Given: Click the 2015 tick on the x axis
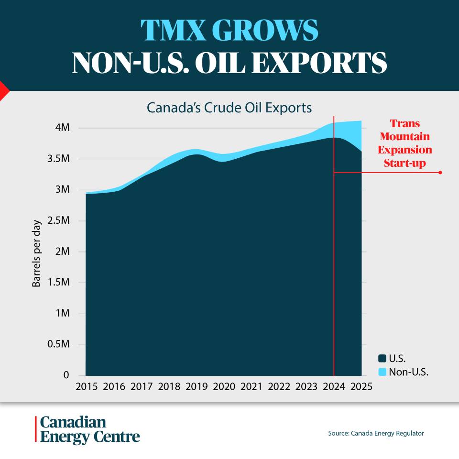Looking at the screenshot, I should click(x=86, y=387).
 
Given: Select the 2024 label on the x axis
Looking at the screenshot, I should click(x=334, y=387).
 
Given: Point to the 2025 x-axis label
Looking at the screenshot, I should click(x=361, y=387).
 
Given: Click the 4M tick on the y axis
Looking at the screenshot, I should click(x=63, y=128).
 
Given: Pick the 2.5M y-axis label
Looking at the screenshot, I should click(x=58, y=221).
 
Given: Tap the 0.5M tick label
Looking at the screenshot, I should click(x=58, y=345).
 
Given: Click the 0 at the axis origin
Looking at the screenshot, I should click(x=67, y=375).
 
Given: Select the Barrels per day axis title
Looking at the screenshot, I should click(x=36, y=253).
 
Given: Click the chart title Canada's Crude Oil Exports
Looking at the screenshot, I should click(x=229, y=108).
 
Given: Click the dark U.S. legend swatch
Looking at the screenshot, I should click(x=382, y=358).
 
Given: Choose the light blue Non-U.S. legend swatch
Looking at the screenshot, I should click(x=382, y=372).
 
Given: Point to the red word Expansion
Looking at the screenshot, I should click(x=404, y=150).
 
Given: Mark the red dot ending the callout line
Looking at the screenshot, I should click(x=439, y=173).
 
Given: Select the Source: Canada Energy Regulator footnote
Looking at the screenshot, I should click(x=376, y=433).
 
